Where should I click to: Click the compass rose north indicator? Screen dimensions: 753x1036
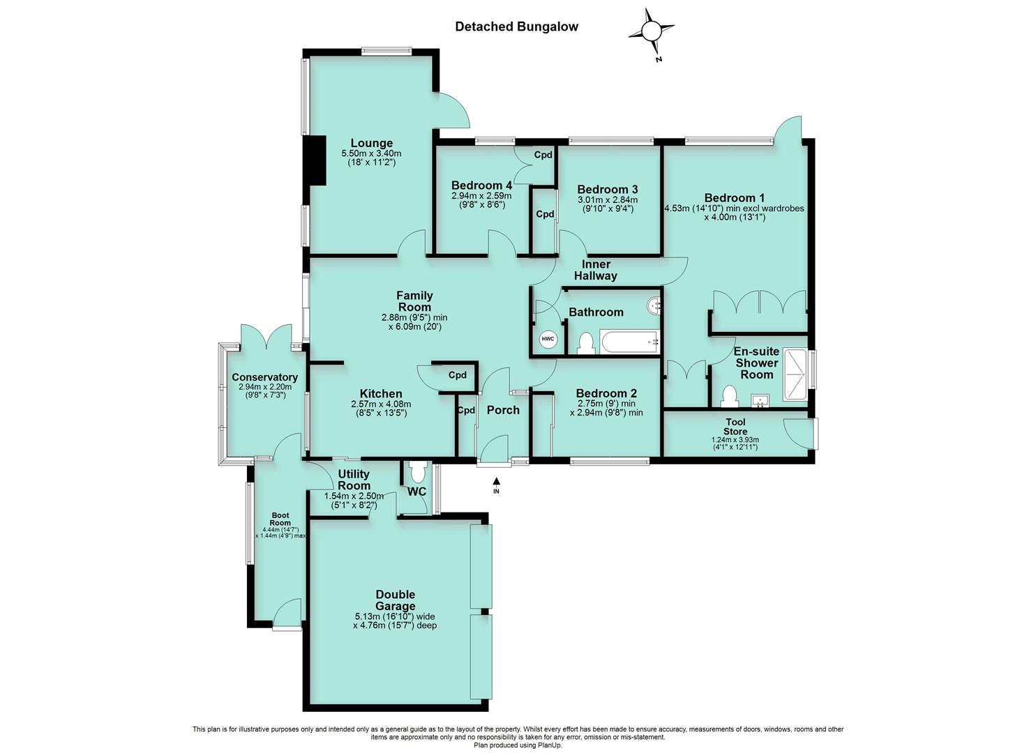(x=651, y=32)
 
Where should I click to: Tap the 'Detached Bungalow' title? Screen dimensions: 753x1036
(x=516, y=27)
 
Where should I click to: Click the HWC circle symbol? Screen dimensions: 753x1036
(x=548, y=340)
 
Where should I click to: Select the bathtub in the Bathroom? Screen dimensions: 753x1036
(x=631, y=342)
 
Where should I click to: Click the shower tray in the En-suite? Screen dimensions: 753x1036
(x=795, y=375)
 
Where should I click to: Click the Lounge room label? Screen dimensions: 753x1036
(x=371, y=144)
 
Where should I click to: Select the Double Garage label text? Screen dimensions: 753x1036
(x=395, y=600)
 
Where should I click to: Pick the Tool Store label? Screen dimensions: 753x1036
(x=735, y=427)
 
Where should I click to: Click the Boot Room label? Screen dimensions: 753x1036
(x=280, y=519)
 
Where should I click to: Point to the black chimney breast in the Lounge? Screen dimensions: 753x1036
(x=317, y=160)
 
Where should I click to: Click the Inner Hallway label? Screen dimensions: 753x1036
(x=596, y=270)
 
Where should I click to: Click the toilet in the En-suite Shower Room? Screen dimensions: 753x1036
(x=729, y=396)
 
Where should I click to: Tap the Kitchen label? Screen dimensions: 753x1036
(x=381, y=394)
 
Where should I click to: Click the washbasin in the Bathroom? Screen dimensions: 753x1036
(x=654, y=305)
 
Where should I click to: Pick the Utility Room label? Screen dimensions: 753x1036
(x=354, y=480)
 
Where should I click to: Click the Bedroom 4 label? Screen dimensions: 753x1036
(x=481, y=185)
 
